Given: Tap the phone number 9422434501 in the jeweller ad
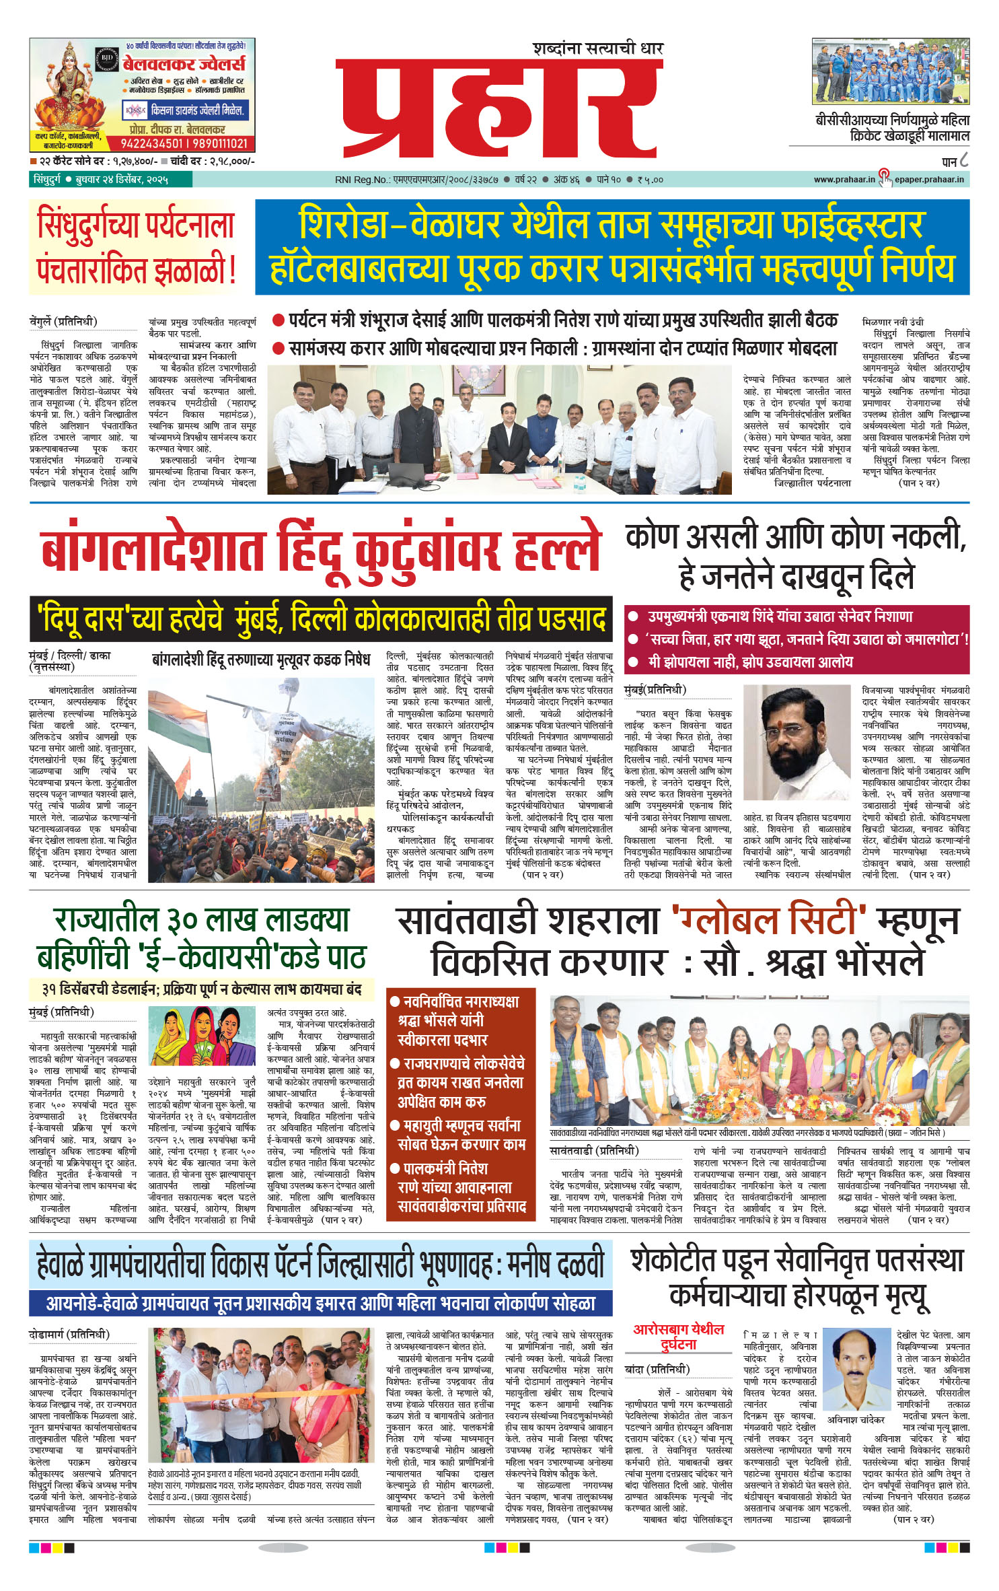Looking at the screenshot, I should [x=151, y=143].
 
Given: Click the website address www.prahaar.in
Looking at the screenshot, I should [x=844, y=180].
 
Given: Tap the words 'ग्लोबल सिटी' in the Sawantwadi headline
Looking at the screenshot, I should [x=769, y=921].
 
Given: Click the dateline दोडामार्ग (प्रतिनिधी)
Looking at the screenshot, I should [x=69, y=1335].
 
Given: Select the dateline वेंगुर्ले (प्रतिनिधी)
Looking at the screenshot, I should [x=63, y=322].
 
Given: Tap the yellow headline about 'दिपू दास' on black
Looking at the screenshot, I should [x=321, y=619].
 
